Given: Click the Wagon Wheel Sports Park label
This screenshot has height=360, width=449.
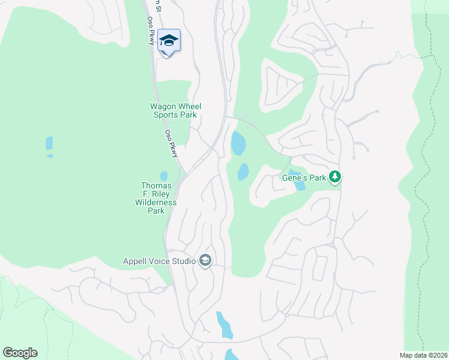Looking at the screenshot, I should [x=175, y=110].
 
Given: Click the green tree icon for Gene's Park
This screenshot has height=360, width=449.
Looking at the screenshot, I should [x=336, y=177].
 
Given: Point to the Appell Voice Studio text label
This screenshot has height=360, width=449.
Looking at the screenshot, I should [x=159, y=261].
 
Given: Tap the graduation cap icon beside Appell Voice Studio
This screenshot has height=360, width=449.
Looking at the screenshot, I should [x=205, y=261].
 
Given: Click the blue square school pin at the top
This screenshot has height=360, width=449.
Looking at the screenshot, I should [x=169, y=41].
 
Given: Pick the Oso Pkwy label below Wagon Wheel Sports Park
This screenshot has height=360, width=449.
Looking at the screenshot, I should [x=172, y=144].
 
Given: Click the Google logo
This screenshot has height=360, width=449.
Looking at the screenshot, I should [x=20, y=353].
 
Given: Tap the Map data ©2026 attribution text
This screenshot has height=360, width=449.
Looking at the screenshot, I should [x=423, y=355].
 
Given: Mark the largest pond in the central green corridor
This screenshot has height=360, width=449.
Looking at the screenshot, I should [x=238, y=143].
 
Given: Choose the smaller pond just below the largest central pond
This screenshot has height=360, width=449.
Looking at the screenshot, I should [x=243, y=172].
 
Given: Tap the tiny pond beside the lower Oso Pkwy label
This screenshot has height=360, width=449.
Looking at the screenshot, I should [x=164, y=175].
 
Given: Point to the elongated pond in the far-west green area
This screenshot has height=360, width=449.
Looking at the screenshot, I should [x=49, y=144].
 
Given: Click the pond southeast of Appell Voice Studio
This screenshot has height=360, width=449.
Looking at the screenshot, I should [x=224, y=325].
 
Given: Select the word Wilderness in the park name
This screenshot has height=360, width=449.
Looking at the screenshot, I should [x=157, y=203].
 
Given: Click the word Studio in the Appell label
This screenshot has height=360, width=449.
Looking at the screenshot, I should [x=183, y=261].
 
